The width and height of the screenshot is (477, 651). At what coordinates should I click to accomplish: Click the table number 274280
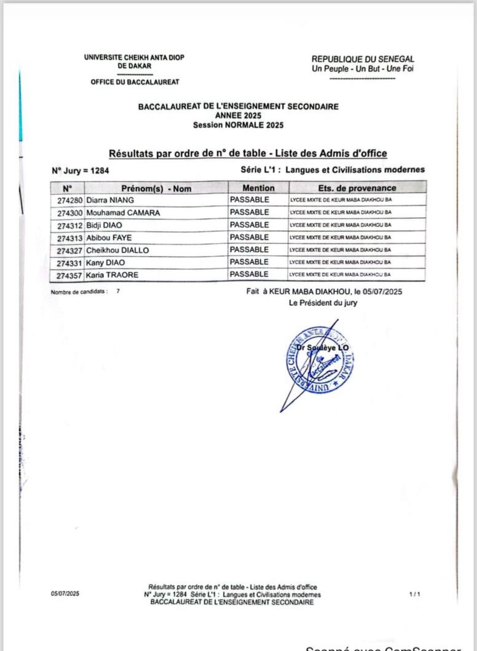pos(70,200)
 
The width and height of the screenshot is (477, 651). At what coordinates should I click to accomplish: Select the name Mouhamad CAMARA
pos(123,213)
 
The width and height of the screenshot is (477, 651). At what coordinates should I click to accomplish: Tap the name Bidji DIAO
pos(104,225)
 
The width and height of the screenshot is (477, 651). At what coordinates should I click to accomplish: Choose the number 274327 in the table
pos(70,251)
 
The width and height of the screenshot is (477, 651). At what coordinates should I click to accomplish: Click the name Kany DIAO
pos(105,263)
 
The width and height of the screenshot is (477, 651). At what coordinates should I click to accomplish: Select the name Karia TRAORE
pos(112,275)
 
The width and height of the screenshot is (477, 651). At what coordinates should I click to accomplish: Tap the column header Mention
pos(258,188)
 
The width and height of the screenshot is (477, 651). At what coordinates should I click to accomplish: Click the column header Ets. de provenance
pos(356,188)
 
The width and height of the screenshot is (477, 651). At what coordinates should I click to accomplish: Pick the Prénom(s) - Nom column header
pos(156,189)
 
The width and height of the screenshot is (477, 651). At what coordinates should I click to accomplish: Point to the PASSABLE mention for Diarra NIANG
pos(249,200)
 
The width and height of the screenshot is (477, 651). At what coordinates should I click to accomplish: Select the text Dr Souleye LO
pos(323,348)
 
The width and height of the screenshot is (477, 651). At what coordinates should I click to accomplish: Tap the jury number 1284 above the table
pos(99,171)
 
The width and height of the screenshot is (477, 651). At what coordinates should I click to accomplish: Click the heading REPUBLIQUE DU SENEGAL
pos(363,60)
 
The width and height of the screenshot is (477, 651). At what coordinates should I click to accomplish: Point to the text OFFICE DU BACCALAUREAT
pos(135,82)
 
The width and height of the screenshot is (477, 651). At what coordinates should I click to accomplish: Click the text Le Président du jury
pos(322,303)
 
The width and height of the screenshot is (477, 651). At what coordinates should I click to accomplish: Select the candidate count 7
pos(117,292)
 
